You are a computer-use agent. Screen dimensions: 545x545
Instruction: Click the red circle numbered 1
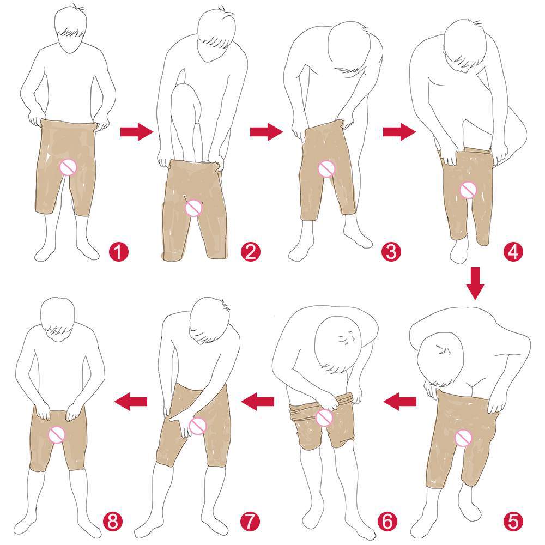pos(118,252)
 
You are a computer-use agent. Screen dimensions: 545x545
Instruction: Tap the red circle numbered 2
pos(250,252)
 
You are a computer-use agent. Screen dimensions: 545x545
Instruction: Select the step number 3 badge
pos(391,252)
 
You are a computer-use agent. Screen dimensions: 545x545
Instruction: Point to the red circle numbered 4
pos(513,252)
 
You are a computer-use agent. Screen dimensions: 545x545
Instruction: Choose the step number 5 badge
pos(513,522)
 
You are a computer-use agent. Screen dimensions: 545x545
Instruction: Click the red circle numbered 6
pos(387,522)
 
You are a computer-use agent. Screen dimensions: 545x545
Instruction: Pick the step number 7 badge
pos(250,522)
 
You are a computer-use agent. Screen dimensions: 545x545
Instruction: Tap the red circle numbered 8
pos(113,522)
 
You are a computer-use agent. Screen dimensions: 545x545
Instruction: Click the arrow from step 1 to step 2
pos(137,132)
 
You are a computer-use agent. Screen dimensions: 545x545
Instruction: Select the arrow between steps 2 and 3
pos(267,132)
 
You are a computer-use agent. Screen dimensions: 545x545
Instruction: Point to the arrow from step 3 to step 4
pos(399,132)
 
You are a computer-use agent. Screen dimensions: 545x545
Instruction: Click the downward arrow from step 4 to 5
pos(475,283)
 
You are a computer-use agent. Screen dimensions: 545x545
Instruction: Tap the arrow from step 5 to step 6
pos(399,402)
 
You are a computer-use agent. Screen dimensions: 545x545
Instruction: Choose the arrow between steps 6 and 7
pos(258,402)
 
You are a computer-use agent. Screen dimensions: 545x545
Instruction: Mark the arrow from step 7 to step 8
pos(131,402)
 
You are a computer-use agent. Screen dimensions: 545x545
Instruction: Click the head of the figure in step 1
pos(70,28)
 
